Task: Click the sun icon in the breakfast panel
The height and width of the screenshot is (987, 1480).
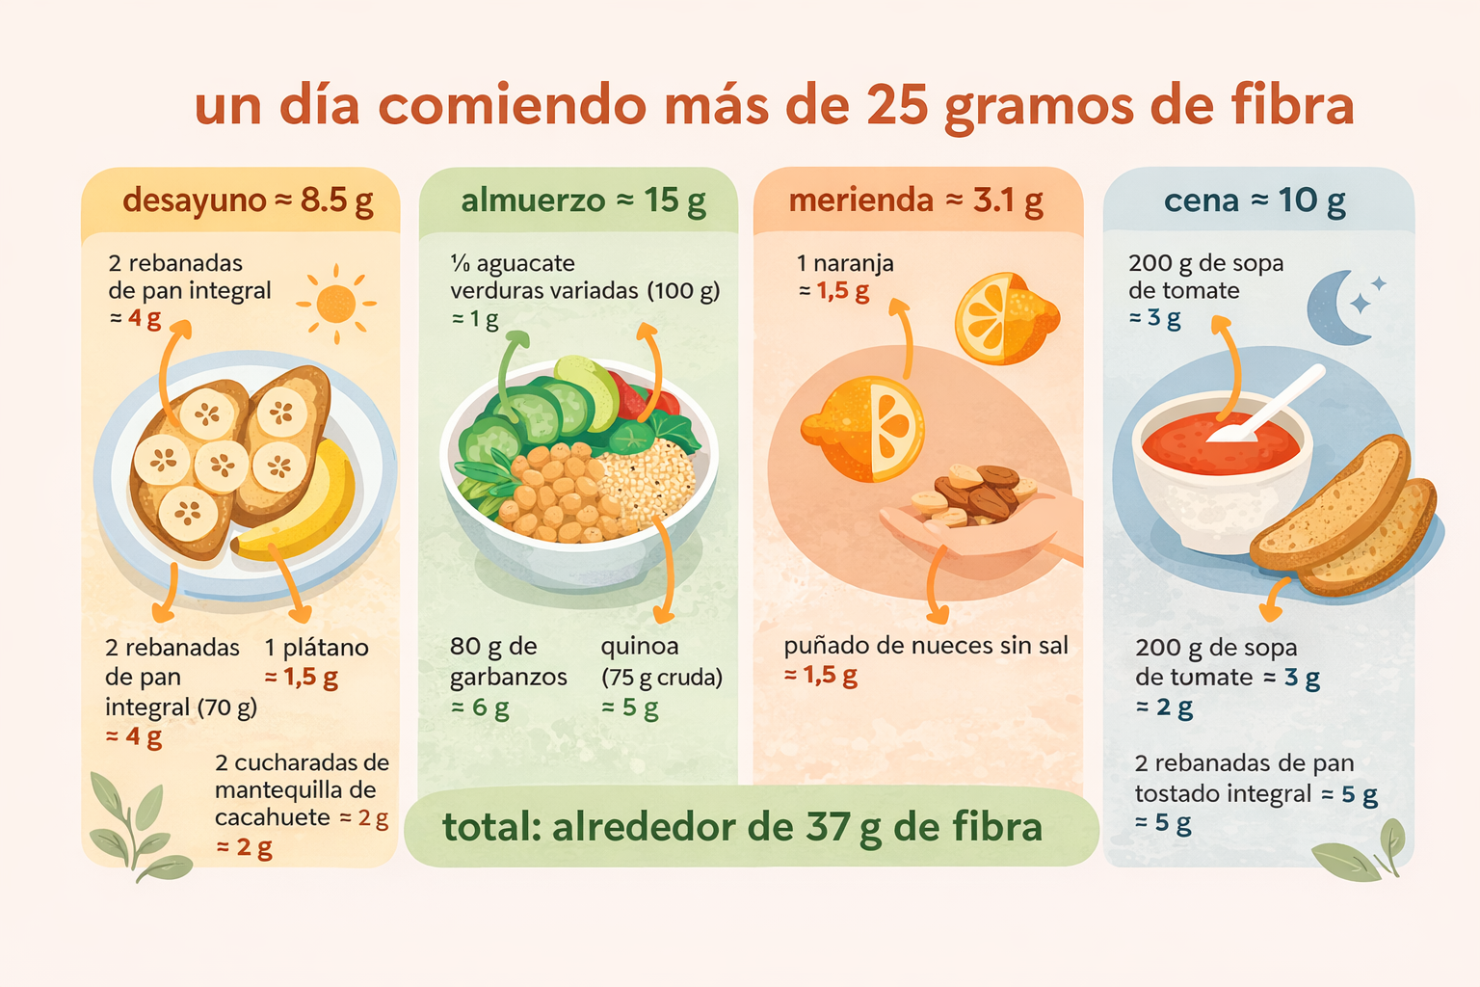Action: click(x=335, y=304)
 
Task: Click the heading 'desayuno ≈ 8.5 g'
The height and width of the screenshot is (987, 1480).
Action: click(x=248, y=200)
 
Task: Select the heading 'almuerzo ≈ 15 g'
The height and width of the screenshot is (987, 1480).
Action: click(x=583, y=200)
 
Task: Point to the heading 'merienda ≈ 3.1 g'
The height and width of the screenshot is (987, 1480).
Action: click(x=915, y=200)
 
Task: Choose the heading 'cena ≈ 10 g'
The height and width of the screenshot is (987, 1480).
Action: click(x=1255, y=200)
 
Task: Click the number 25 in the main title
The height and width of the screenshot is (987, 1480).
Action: click(x=896, y=106)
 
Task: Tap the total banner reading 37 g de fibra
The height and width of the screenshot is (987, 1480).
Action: click(x=742, y=827)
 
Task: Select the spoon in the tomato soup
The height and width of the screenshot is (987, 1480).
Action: click(x=1267, y=405)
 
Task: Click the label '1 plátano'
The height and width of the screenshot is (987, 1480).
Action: click(x=316, y=648)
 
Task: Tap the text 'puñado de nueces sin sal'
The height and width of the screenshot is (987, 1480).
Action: click(x=926, y=646)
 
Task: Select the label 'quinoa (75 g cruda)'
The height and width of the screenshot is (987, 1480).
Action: click(x=661, y=661)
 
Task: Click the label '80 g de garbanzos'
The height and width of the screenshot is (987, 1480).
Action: click(x=508, y=661)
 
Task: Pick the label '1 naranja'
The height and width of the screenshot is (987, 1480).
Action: click(x=845, y=263)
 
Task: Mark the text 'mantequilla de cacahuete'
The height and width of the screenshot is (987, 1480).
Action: click(x=295, y=804)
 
